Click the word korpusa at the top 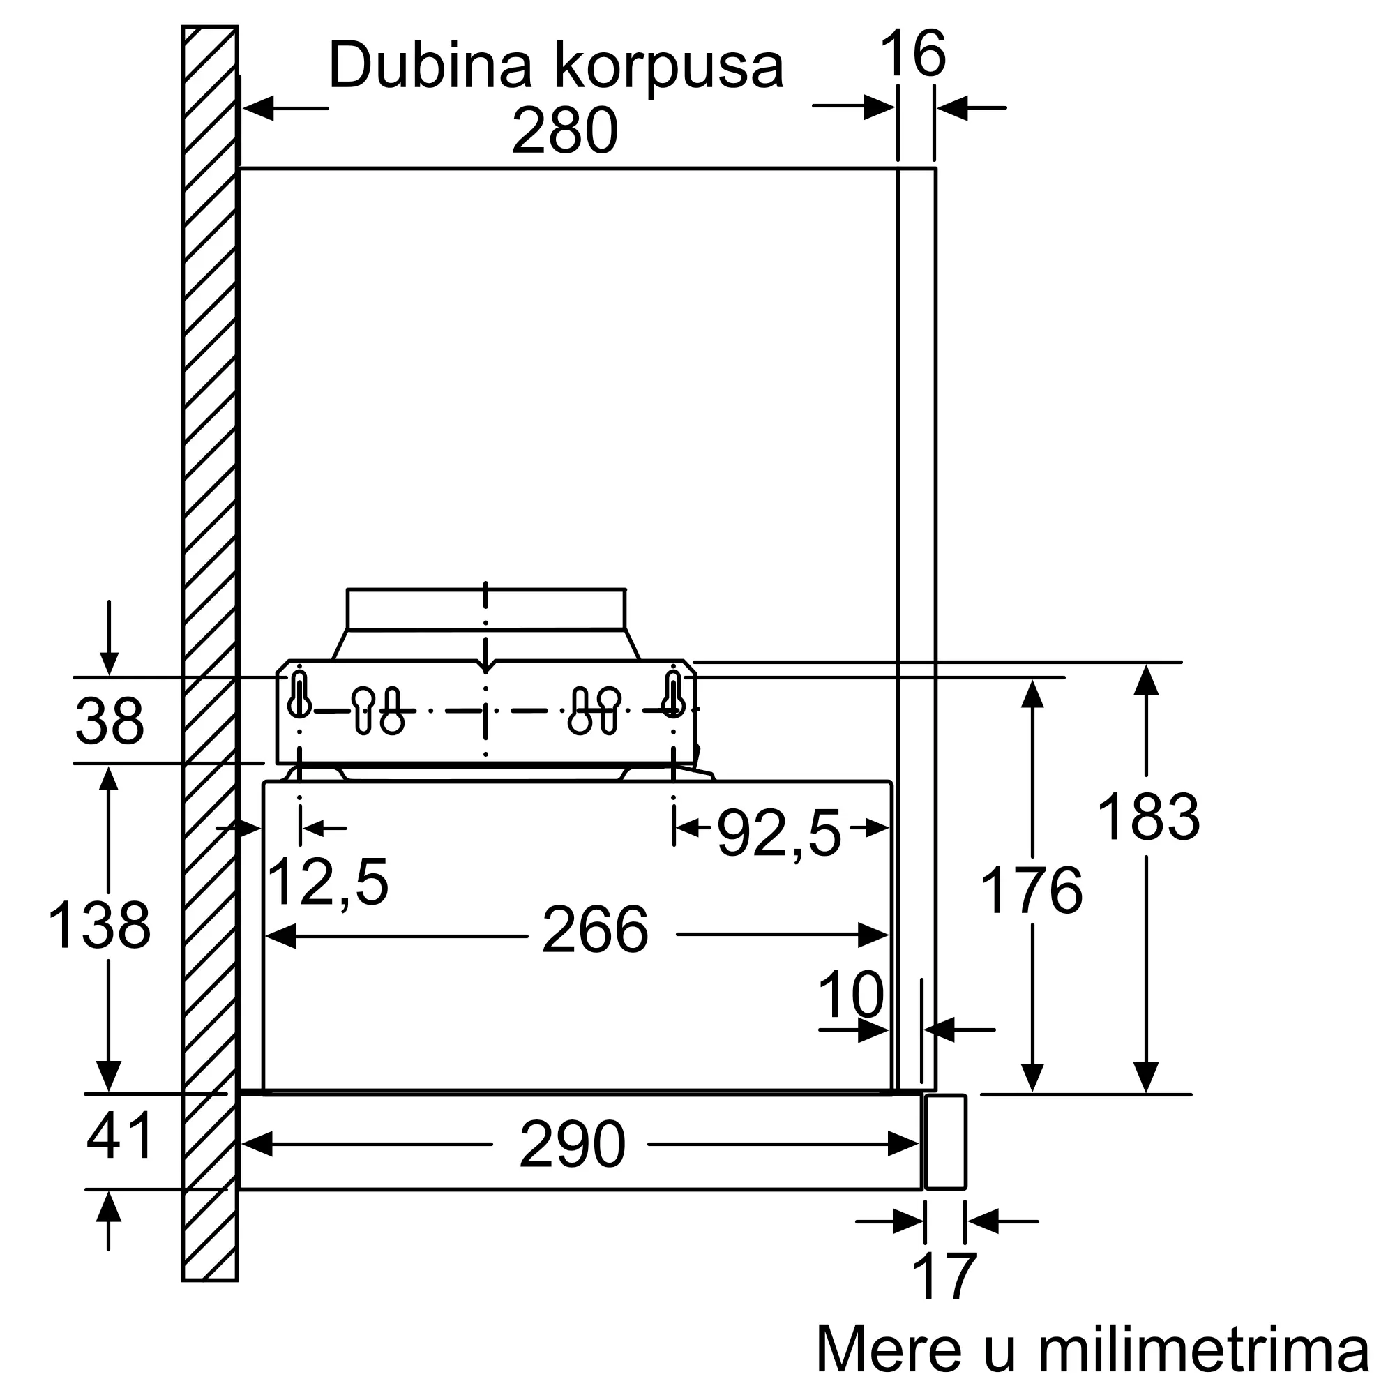(x=670, y=69)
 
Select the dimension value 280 (x=565, y=130)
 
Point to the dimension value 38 (x=110, y=721)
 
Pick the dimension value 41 (x=120, y=1136)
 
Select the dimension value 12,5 (x=328, y=882)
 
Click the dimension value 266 (x=595, y=930)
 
